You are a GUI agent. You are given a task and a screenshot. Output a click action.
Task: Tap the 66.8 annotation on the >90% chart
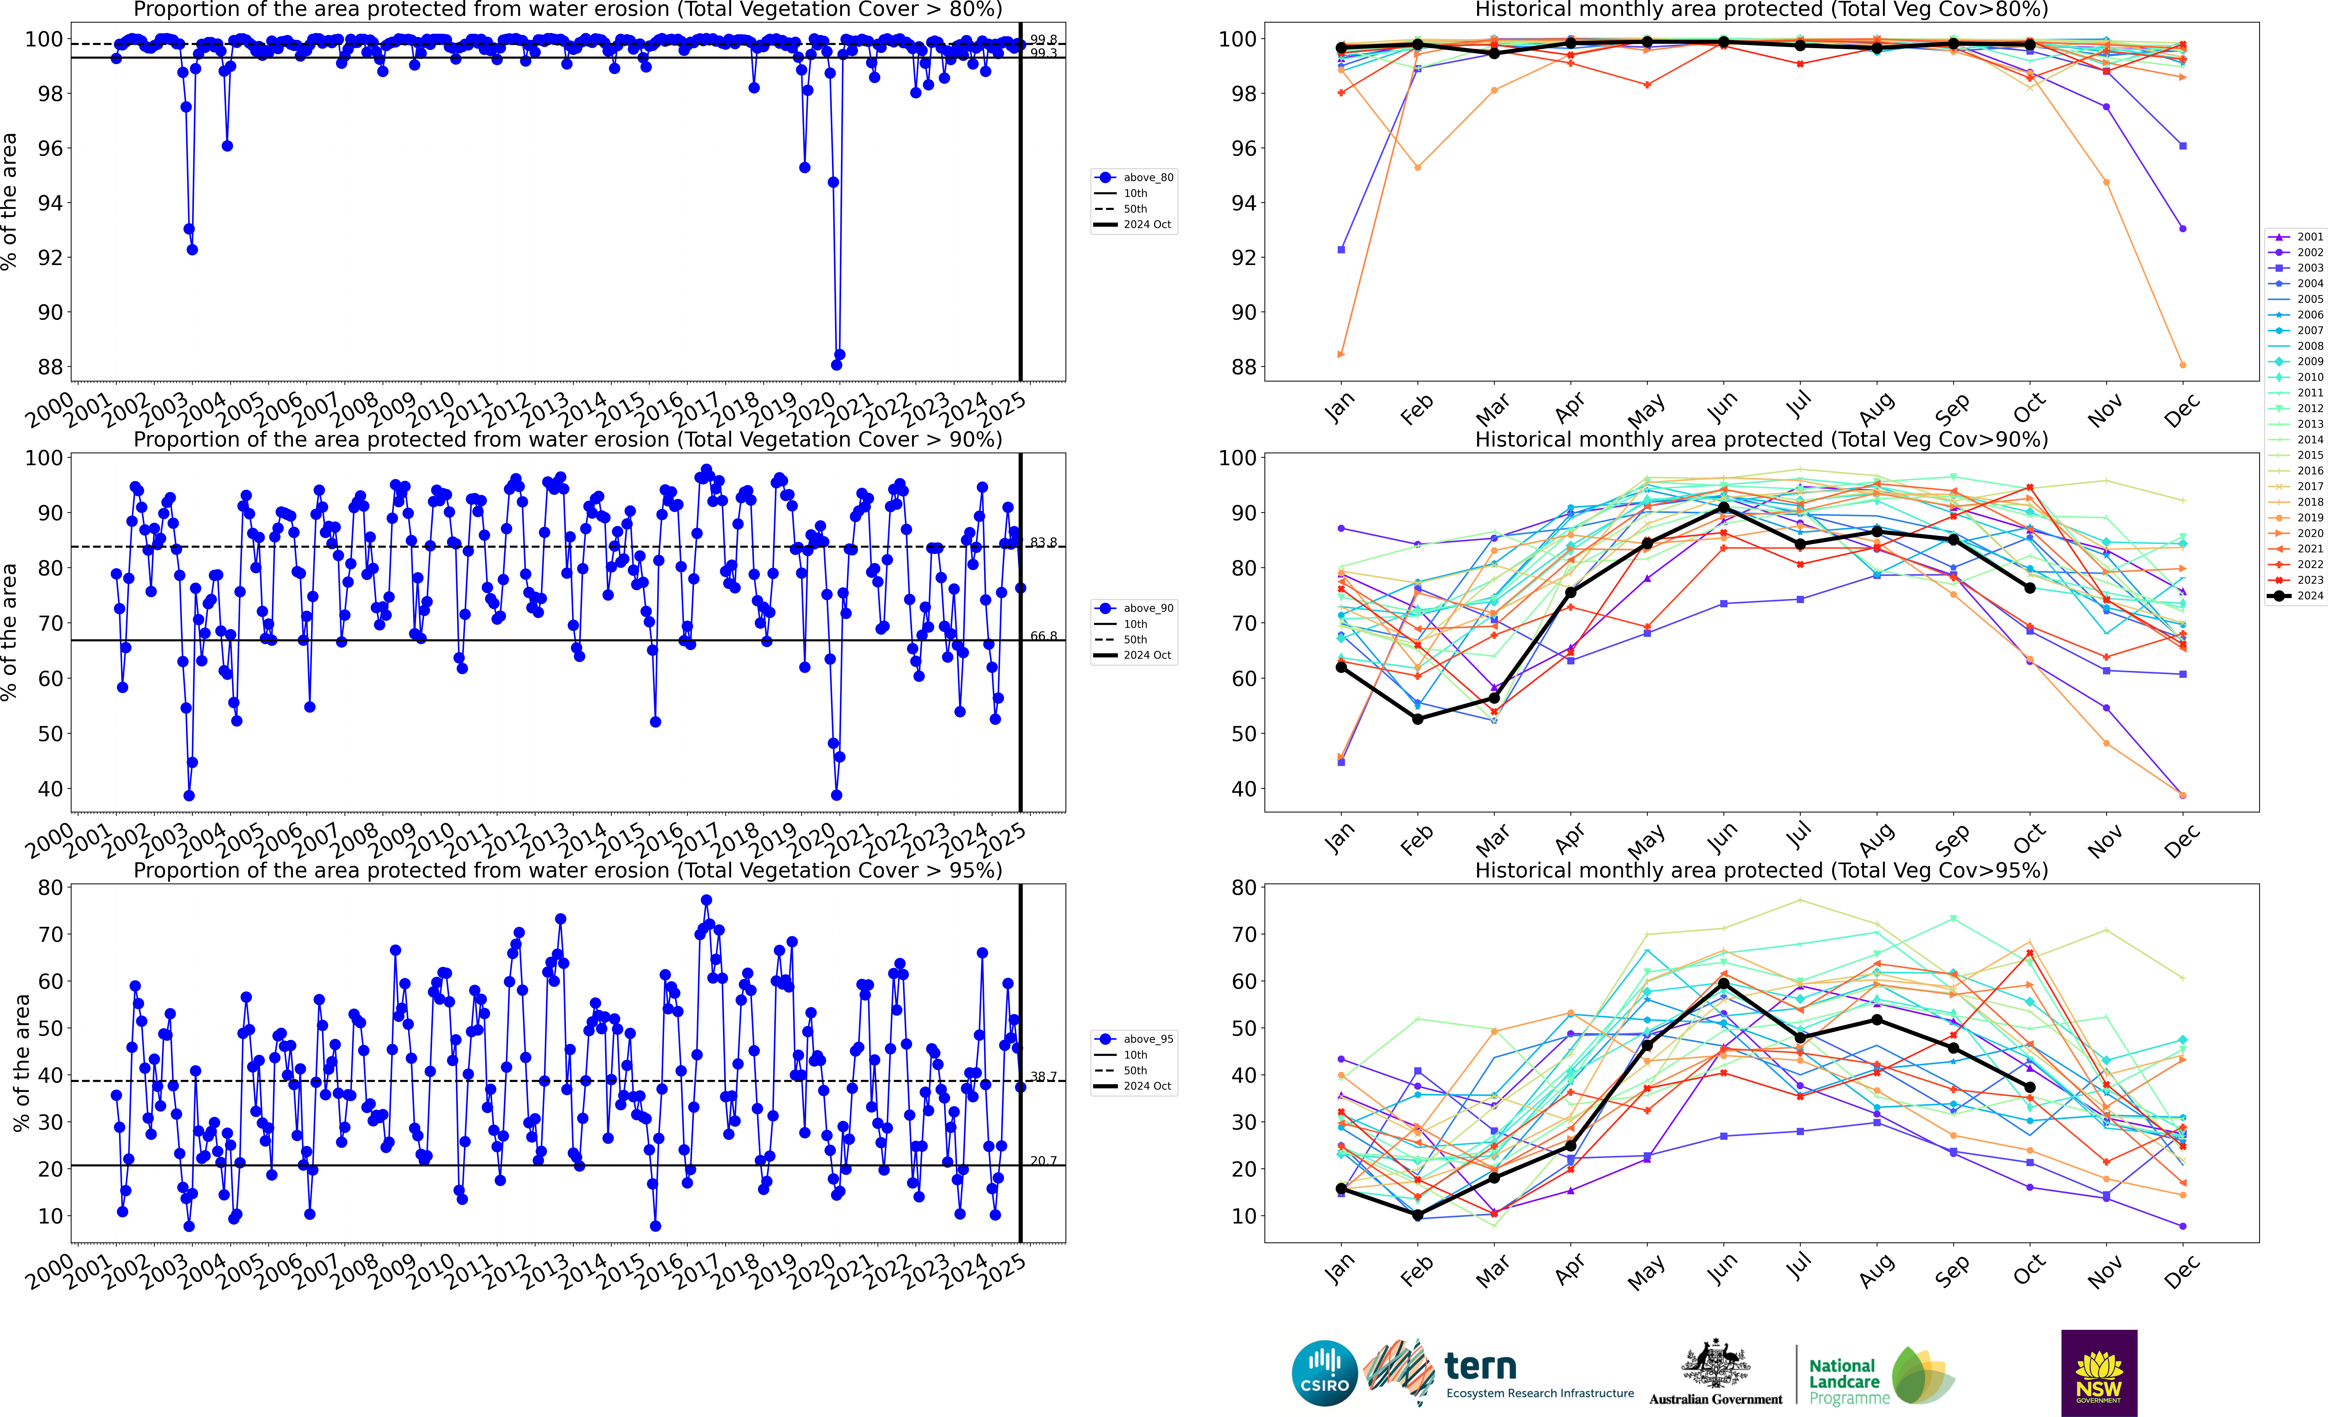point(1043,636)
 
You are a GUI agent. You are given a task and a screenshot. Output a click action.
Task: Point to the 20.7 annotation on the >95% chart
point(1043,1160)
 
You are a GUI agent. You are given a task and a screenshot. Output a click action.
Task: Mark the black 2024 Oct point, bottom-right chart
point(2029,1087)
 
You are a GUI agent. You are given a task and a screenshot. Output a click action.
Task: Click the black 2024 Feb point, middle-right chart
point(1417,719)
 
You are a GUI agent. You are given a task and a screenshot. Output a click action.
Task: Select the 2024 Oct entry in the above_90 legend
point(1146,655)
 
